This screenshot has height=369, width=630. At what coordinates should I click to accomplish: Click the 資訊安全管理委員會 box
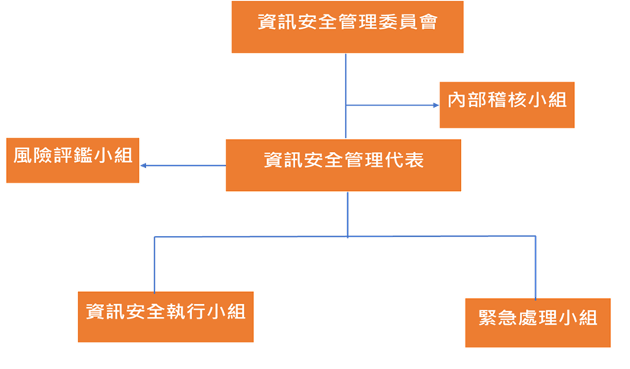coord(348,28)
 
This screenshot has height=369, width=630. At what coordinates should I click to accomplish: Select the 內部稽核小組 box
coord(507,105)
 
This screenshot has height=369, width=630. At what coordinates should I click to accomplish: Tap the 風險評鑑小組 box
coord(73,160)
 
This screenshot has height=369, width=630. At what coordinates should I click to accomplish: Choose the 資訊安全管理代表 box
coord(343,165)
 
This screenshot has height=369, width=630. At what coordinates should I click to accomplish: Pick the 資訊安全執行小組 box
coord(166,316)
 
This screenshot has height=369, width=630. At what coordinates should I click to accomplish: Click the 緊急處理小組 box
coord(538,323)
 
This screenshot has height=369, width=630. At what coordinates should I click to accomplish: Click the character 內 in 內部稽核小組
coord(457,100)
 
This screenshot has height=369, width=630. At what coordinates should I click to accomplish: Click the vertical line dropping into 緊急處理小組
coord(535,267)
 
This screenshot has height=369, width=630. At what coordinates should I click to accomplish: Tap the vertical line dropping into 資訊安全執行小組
coord(155,264)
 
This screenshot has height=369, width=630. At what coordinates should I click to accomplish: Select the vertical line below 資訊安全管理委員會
coord(346,76)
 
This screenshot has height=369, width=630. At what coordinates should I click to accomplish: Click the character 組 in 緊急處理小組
coord(587,319)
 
